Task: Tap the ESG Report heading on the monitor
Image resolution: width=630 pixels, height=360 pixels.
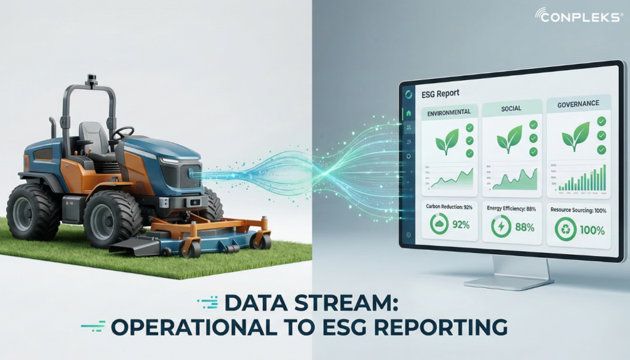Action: click(441, 94)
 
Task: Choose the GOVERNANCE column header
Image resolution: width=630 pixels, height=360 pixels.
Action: click(578, 103)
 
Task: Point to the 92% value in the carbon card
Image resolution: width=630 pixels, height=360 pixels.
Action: click(461, 225)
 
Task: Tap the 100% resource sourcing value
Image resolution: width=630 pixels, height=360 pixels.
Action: click(592, 231)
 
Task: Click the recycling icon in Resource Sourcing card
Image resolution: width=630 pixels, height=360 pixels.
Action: click(565, 230)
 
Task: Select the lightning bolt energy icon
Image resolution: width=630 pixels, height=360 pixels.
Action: click(500, 227)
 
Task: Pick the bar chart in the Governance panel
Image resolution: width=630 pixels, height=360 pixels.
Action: click(582, 179)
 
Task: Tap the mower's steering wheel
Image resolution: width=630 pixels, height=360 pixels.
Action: click(123, 132)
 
